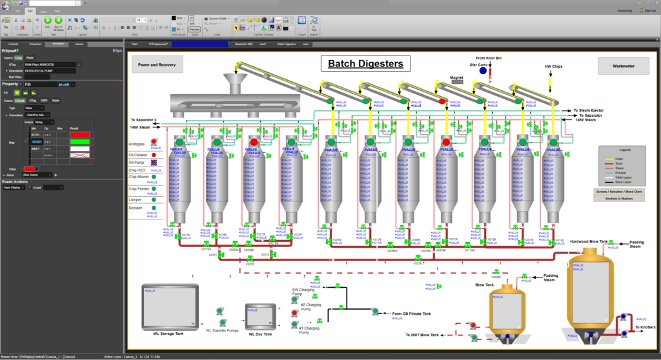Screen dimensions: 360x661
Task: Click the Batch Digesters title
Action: (x=365, y=63)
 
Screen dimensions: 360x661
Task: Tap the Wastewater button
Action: (x=618, y=65)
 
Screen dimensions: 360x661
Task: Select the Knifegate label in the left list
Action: (x=137, y=144)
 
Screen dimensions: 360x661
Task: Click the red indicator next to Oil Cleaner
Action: (x=155, y=155)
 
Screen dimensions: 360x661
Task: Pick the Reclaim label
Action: (x=136, y=208)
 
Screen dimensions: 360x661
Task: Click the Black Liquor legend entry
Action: (x=622, y=183)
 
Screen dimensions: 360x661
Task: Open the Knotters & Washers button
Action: (x=618, y=199)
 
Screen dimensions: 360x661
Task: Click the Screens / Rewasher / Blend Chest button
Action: (x=618, y=191)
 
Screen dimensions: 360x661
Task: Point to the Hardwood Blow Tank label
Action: (x=588, y=242)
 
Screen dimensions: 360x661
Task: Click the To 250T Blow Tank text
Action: (x=427, y=335)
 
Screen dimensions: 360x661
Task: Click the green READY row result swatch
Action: (x=79, y=141)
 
